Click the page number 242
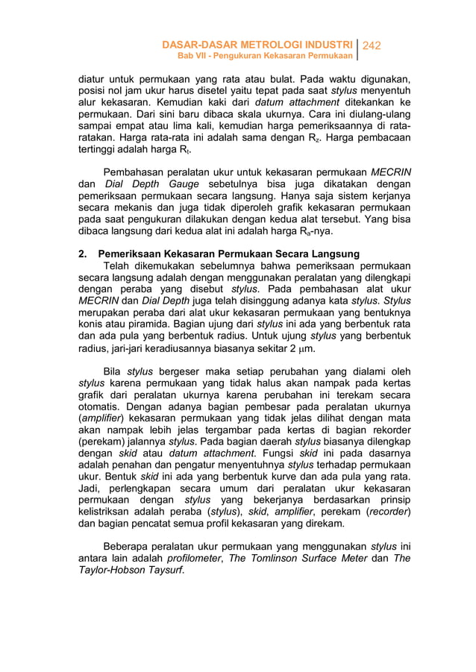click(x=371, y=45)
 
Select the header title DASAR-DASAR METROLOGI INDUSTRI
click(x=257, y=45)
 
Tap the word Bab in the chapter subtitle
click(x=184, y=57)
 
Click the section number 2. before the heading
click(x=84, y=252)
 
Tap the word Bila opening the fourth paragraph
click(x=113, y=371)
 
